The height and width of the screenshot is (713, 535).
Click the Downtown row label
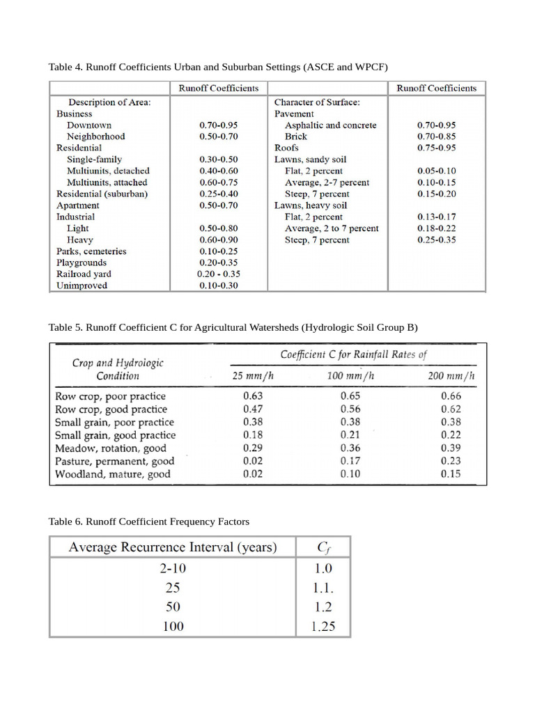(x=88, y=125)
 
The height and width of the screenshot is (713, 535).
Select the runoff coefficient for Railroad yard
(x=218, y=274)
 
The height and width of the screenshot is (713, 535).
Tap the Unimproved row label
(x=82, y=285)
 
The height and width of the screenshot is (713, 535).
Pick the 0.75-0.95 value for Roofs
(x=437, y=148)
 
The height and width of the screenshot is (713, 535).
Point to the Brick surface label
(x=295, y=136)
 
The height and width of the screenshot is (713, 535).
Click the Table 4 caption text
(x=217, y=67)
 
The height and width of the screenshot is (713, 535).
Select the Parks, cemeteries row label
(x=91, y=251)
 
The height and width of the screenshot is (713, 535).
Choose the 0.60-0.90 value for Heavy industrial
(x=218, y=240)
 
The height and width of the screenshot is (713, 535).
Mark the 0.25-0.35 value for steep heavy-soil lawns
(x=437, y=240)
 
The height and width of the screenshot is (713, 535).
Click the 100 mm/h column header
(x=350, y=377)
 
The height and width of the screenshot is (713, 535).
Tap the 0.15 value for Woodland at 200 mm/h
(x=451, y=474)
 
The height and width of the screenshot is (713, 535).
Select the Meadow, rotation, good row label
(x=111, y=448)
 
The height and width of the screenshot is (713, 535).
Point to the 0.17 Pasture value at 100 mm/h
(x=350, y=461)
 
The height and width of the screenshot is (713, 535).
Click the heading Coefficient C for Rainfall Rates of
(x=353, y=354)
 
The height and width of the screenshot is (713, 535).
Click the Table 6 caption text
(x=148, y=521)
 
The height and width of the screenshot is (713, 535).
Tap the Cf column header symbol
(x=324, y=548)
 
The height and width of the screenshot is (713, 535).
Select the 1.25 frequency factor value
(x=324, y=627)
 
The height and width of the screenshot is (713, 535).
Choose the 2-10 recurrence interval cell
(x=173, y=567)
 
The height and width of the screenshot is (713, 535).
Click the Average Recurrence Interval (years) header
(x=173, y=548)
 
